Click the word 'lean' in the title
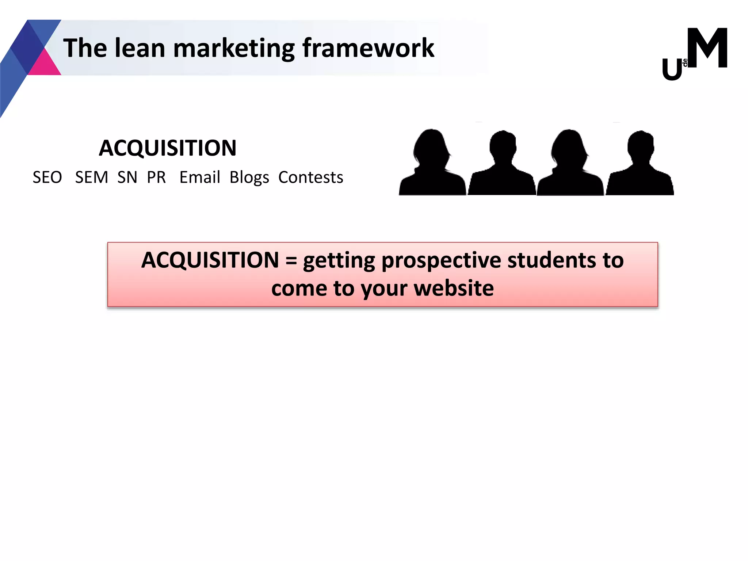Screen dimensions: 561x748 click(140, 48)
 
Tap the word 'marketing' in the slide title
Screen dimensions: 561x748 click(234, 49)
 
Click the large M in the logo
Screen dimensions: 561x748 click(707, 48)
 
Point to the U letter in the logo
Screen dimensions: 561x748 click(672, 70)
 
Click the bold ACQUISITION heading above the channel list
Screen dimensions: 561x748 click(168, 148)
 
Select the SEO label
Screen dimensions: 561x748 click(47, 178)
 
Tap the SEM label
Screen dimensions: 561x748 click(91, 178)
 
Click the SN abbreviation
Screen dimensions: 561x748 click(127, 178)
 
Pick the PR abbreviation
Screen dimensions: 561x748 click(156, 178)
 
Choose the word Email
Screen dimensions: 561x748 click(199, 178)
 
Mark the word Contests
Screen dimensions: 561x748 click(310, 178)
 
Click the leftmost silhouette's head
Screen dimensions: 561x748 click(432, 146)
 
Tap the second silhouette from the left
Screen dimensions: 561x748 click(502, 164)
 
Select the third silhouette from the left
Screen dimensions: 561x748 click(570, 164)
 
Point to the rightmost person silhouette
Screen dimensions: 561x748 click(640, 164)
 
